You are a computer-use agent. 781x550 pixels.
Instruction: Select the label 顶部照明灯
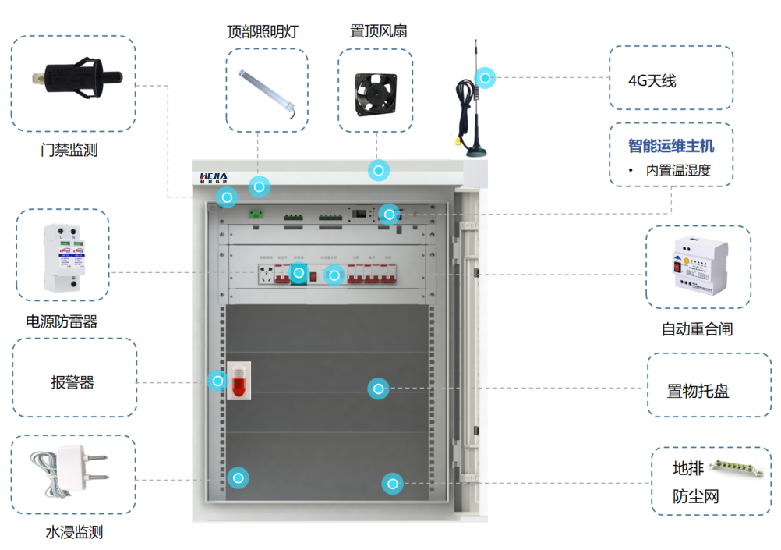(x=262, y=32)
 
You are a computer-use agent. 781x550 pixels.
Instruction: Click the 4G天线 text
(x=652, y=81)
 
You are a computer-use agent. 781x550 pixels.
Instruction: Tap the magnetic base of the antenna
(x=475, y=146)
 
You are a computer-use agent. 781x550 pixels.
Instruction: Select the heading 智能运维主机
(x=671, y=146)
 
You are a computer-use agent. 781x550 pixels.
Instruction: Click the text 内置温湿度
(x=678, y=170)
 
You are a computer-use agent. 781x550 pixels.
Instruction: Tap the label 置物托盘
(x=698, y=391)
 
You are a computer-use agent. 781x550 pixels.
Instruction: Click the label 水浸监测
(x=74, y=533)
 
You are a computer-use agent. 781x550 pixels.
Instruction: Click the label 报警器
(x=72, y=382)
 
